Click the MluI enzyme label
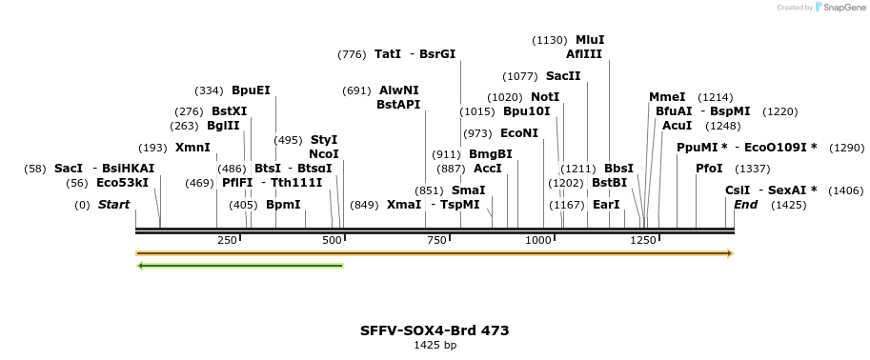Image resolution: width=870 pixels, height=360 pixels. (x=590, y=40)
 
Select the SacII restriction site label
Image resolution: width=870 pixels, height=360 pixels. (x=563, y=76)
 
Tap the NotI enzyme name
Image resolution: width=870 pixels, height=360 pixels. (x=545, y=97)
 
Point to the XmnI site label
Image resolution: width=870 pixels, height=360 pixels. (x=192, y=148)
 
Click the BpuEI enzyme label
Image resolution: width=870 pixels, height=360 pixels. (x=251, y=90)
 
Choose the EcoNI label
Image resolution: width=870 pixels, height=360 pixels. (x=519, y=133)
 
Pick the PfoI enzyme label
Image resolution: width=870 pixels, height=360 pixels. (x=709, y=169)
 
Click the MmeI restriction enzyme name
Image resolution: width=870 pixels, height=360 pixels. (x=667, y=97)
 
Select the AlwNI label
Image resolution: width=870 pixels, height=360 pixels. (x=399, y=90)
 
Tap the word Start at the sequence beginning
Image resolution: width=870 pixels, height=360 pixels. (x=114, y=205)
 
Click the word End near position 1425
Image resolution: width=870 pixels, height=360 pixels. (x=746, y=205)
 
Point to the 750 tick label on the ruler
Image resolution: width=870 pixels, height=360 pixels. (x=436, y=241)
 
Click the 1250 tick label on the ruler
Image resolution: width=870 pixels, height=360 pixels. (x=644, y=241)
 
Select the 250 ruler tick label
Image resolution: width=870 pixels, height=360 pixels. (x=227, y=241)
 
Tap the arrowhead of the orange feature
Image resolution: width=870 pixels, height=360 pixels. (x=729, y=253)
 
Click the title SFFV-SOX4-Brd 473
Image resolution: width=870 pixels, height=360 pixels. (x=435, y=330)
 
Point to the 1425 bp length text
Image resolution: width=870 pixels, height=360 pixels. (x=435, y=346)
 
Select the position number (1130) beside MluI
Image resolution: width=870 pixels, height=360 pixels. (x=550, y=40)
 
